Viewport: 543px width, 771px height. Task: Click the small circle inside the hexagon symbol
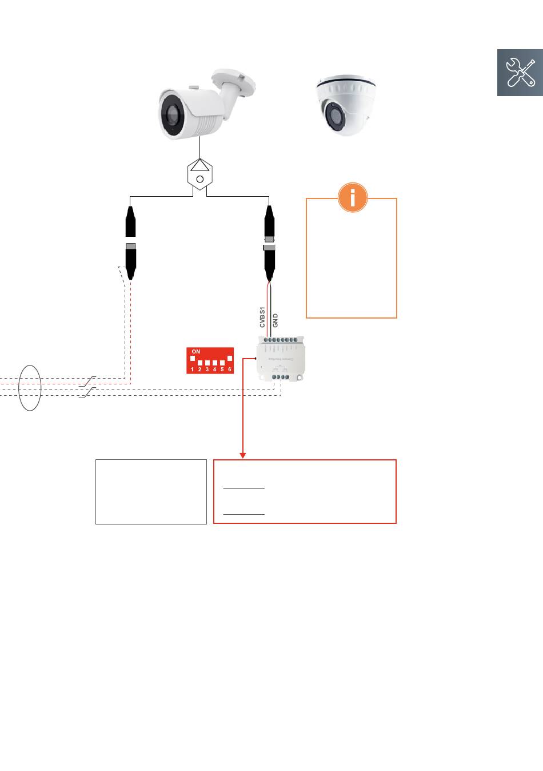tap(200, 180)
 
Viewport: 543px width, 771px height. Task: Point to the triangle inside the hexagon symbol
tap(200, 166)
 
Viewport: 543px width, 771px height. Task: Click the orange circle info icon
tap(353, 197)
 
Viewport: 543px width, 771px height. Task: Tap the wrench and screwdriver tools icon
tap(520, 73)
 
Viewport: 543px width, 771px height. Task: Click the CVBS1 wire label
tap(263, 316)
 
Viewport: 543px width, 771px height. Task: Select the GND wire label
tap(275, 320)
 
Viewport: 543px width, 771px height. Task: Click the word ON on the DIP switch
tap(196, 352)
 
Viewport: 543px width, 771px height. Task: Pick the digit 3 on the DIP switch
tap(207, 369)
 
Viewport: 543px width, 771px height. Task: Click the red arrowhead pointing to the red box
tap(243, 455)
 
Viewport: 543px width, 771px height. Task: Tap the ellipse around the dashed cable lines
tap(30, 388)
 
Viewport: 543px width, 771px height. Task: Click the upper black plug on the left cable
tap(131, 222)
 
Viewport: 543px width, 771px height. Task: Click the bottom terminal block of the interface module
tap(280, 376)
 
